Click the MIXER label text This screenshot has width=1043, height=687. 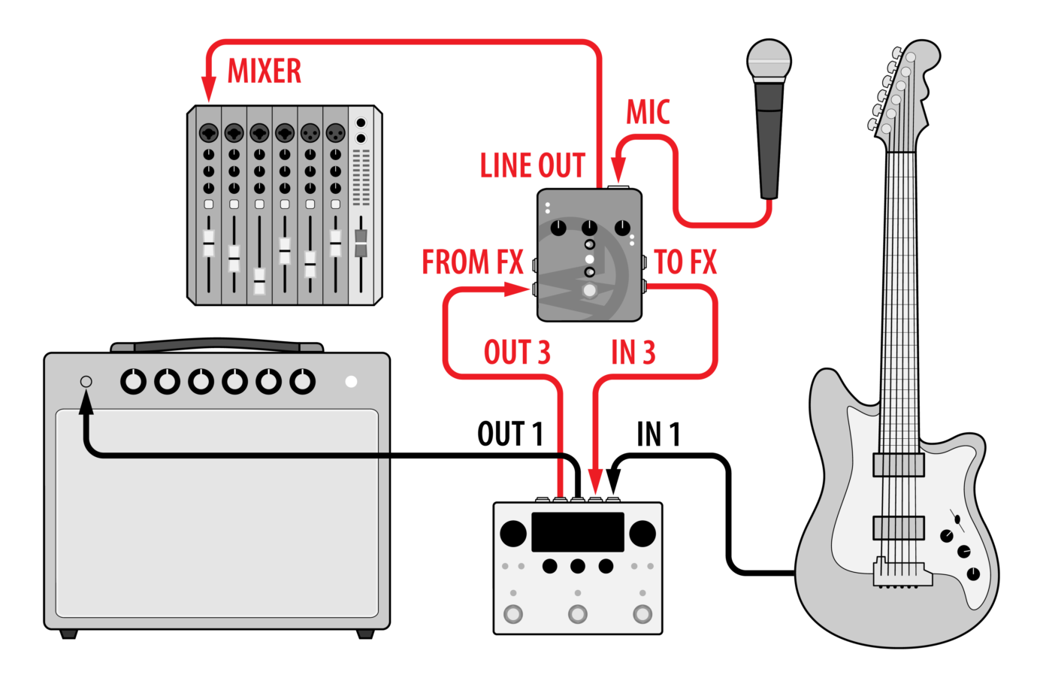(265, 71)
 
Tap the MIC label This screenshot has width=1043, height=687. (648, 113)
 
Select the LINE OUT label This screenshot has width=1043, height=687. (533, 166)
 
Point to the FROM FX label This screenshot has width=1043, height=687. (472, 262)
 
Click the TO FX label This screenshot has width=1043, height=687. (685, 262)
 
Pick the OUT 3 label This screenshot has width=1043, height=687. (517, 353)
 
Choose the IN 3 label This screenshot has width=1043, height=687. (633, 353)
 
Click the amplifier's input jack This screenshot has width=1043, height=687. (86, 382)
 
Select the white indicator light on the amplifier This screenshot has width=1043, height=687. (351, 382)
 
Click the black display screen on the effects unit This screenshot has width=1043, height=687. (578, 531)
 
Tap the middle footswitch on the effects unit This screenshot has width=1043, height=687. (578, 614)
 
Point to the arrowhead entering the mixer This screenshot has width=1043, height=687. (208, 92)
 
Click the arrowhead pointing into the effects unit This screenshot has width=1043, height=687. (595, 482)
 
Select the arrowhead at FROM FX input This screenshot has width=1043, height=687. (518, 289)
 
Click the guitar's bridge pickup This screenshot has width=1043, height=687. (899, 528)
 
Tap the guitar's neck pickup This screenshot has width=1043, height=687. (899, 465)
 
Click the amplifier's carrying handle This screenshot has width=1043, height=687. (216, 347)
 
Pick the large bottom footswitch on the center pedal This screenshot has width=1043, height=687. (590, 291)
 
